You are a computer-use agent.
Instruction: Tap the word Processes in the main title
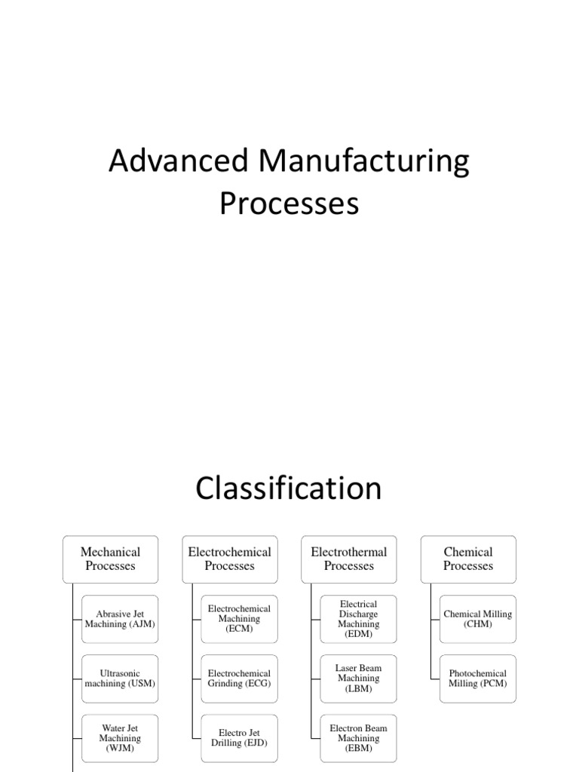[289, 204]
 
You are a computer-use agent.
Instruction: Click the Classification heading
[289, 489]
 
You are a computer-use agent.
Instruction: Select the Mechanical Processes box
[110, 559]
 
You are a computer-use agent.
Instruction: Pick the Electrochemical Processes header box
[229, 559]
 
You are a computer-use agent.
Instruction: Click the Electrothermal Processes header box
[348, 559]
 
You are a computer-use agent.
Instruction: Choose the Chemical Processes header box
[467, 559]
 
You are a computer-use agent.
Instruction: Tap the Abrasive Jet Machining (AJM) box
[119, 619]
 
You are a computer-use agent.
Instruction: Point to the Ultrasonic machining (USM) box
[119, 679]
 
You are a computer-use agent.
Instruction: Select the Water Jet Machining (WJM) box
[119, 738]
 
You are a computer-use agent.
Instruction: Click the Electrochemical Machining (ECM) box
[238, 619]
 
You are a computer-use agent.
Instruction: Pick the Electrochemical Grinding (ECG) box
[238, 679]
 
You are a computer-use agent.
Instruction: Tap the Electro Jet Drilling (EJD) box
[238, 738]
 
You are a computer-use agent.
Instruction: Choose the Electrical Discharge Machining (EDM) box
[358, 619]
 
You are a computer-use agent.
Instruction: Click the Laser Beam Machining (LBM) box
[358, 679]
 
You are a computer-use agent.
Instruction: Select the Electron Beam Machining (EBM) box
[358, 738]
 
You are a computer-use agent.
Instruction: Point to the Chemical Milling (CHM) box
[477, 619]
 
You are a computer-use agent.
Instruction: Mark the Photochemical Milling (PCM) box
[477, 679]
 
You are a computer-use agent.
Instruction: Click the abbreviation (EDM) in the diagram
[358, 635]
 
